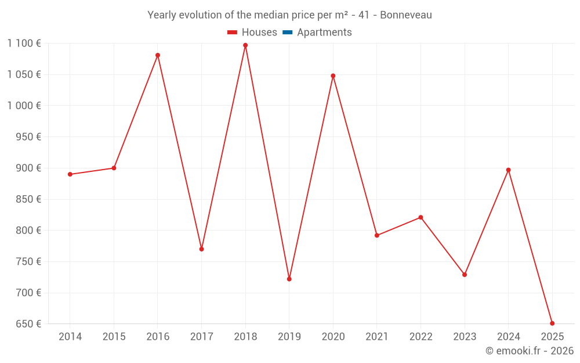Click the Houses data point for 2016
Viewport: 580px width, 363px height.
click(158, 55)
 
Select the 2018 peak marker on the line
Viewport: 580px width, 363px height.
click(245, 45)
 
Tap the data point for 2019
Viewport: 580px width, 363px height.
click(289, 279)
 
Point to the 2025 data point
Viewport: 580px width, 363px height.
click(552, 324)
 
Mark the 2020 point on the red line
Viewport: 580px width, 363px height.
click(333, 76)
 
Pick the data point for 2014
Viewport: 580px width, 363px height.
click(70, 174)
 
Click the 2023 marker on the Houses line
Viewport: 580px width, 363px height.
click(465, 275)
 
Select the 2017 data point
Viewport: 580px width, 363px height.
click(201, 249)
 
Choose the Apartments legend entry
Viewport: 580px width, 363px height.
click(324, 33)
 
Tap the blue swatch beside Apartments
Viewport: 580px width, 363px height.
click(287, 33)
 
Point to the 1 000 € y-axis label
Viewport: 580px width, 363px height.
click(24, 106)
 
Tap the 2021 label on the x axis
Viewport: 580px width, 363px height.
click(377, 337)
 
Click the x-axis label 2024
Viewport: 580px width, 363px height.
click(509, 337)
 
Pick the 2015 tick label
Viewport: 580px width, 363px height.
click(114, 337)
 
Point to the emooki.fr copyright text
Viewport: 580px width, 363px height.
click(530, 351)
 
